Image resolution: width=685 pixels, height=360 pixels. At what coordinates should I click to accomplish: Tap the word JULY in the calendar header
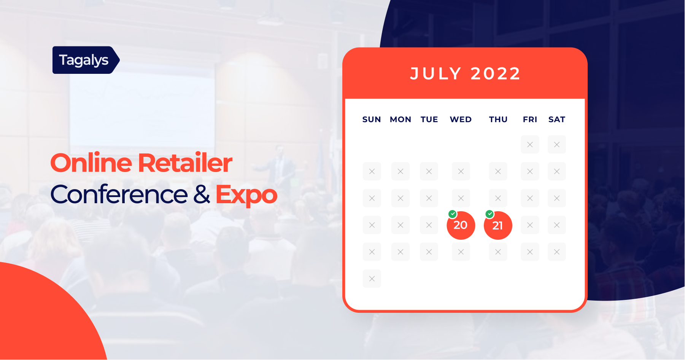[436, 73]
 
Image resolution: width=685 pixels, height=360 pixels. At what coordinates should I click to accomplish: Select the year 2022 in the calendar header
[495, 73]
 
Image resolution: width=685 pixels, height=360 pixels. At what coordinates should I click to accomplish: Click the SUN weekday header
[372, 119]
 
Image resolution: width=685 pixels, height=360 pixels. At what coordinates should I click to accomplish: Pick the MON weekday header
[401, 119]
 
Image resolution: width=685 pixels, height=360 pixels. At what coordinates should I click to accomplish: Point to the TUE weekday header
[429, 119]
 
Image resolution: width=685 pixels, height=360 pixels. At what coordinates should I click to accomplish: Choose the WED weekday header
[461, 119]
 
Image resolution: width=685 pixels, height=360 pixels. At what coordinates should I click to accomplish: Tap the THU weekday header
[498, 119]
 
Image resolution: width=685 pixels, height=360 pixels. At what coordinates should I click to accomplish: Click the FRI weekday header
[530, 119]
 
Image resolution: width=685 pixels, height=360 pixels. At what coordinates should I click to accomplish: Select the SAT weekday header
[556, 119]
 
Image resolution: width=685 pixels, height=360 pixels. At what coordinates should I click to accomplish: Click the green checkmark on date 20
[453, 214]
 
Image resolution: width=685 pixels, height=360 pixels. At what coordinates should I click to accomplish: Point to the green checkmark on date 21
[490, 214]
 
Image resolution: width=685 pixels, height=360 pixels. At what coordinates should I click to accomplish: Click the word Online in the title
[91, 163]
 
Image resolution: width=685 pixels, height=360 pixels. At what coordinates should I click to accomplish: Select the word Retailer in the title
[185, 163]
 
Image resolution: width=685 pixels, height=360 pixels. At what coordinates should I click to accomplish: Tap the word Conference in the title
[119, 194]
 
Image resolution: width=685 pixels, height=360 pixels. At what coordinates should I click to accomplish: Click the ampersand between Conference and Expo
[202, 194]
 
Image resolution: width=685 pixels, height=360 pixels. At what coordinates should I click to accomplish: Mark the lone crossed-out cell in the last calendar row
[372, 279]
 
